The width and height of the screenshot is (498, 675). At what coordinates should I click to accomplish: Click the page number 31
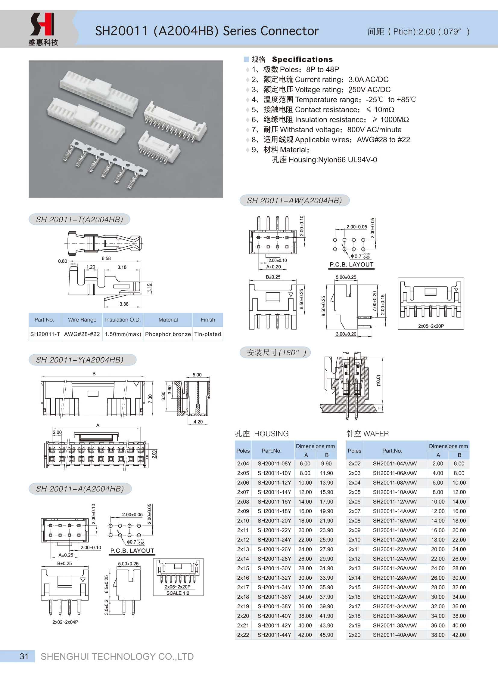pyautogui.click(x=24, y=656)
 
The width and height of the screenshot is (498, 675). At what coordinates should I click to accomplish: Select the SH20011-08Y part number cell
pyautogui.click(x=274, y=464)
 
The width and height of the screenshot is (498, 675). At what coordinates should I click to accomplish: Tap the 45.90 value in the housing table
pyautogui.click(x=326, y=635)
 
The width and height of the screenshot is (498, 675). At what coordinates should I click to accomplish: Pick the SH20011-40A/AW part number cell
pyautogui.click(x=394, y=635)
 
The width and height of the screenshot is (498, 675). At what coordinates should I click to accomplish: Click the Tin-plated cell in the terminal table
pyautogui.click(x=207, y=334)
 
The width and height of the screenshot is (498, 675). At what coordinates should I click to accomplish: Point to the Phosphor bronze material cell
pyautogui.click(x=168, y=334)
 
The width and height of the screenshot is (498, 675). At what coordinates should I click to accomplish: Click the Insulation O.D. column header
pyautogui.click(x=123, y=319)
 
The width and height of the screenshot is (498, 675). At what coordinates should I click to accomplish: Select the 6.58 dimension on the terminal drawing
pyautogui.click(x=106, y=258)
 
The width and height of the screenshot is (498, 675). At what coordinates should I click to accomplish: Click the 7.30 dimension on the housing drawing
pyautogui.click(x=150, y=399)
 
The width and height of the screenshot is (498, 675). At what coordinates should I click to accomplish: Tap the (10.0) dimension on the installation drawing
pyautogui.click(x=379, y=380)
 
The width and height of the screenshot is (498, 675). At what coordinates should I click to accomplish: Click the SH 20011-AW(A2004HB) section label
pyautogui.click(x=294, y=200)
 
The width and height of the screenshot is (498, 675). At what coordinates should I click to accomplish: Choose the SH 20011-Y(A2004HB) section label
pyautogui.click(x=80, y=360)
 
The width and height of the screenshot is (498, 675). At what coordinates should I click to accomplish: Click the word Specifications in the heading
pyautogui.click(x=302, y=59)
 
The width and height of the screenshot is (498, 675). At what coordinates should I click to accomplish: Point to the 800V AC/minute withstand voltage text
pyautogui.click(x=374, y=130)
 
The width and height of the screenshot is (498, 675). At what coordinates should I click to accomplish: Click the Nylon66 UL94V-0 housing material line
pyautogui.click(x=324, y=160)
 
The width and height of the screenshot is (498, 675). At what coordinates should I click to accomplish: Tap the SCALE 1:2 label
pyautogui.click(x=178, y=593)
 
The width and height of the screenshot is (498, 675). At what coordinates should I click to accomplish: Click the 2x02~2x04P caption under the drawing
pyautogui.click(x=65, y=622)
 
